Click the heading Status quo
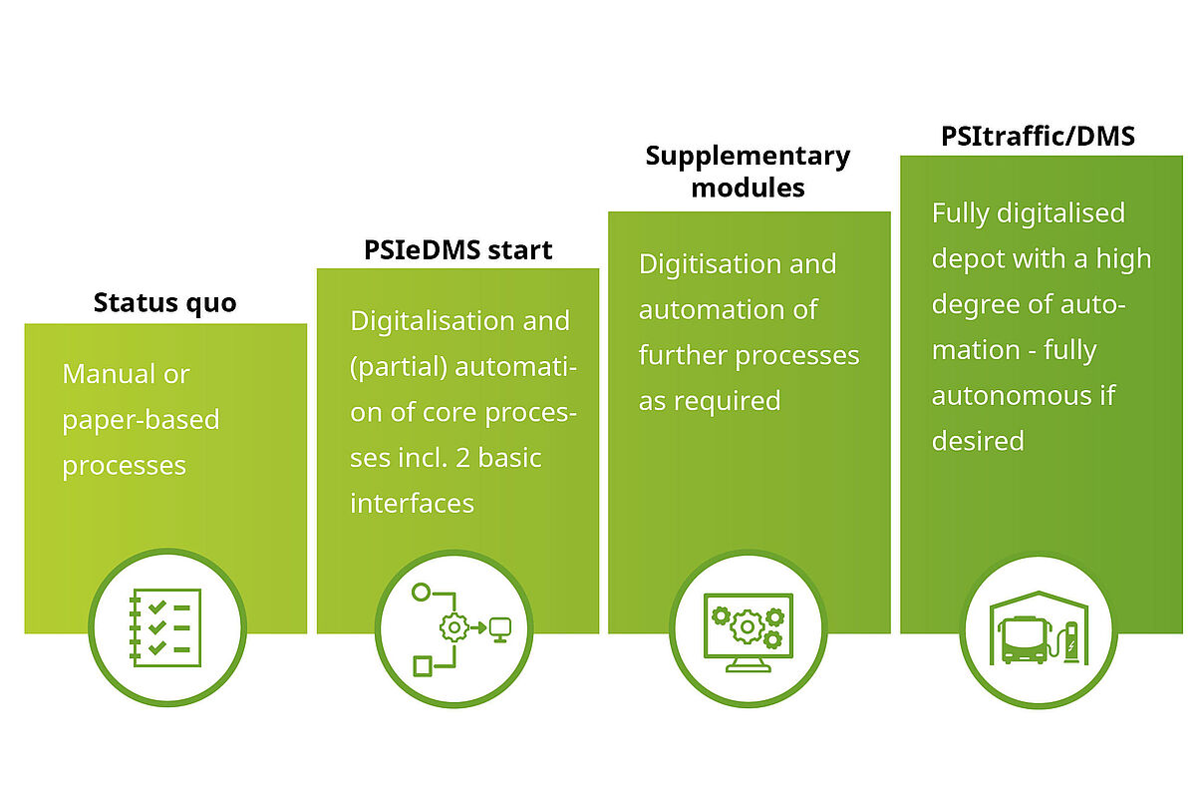[164, 302]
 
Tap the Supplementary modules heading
[748, 171]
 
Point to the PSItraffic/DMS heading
[1038, 135]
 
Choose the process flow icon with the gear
[456, 626]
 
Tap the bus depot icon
[1040, 628]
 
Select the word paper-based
[141, 419]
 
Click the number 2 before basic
[468, 458]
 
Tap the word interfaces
[412, 503]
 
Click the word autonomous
[1007, 395]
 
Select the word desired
[978, 440]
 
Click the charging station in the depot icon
[1071, 643]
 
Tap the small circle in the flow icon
[421, 593]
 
